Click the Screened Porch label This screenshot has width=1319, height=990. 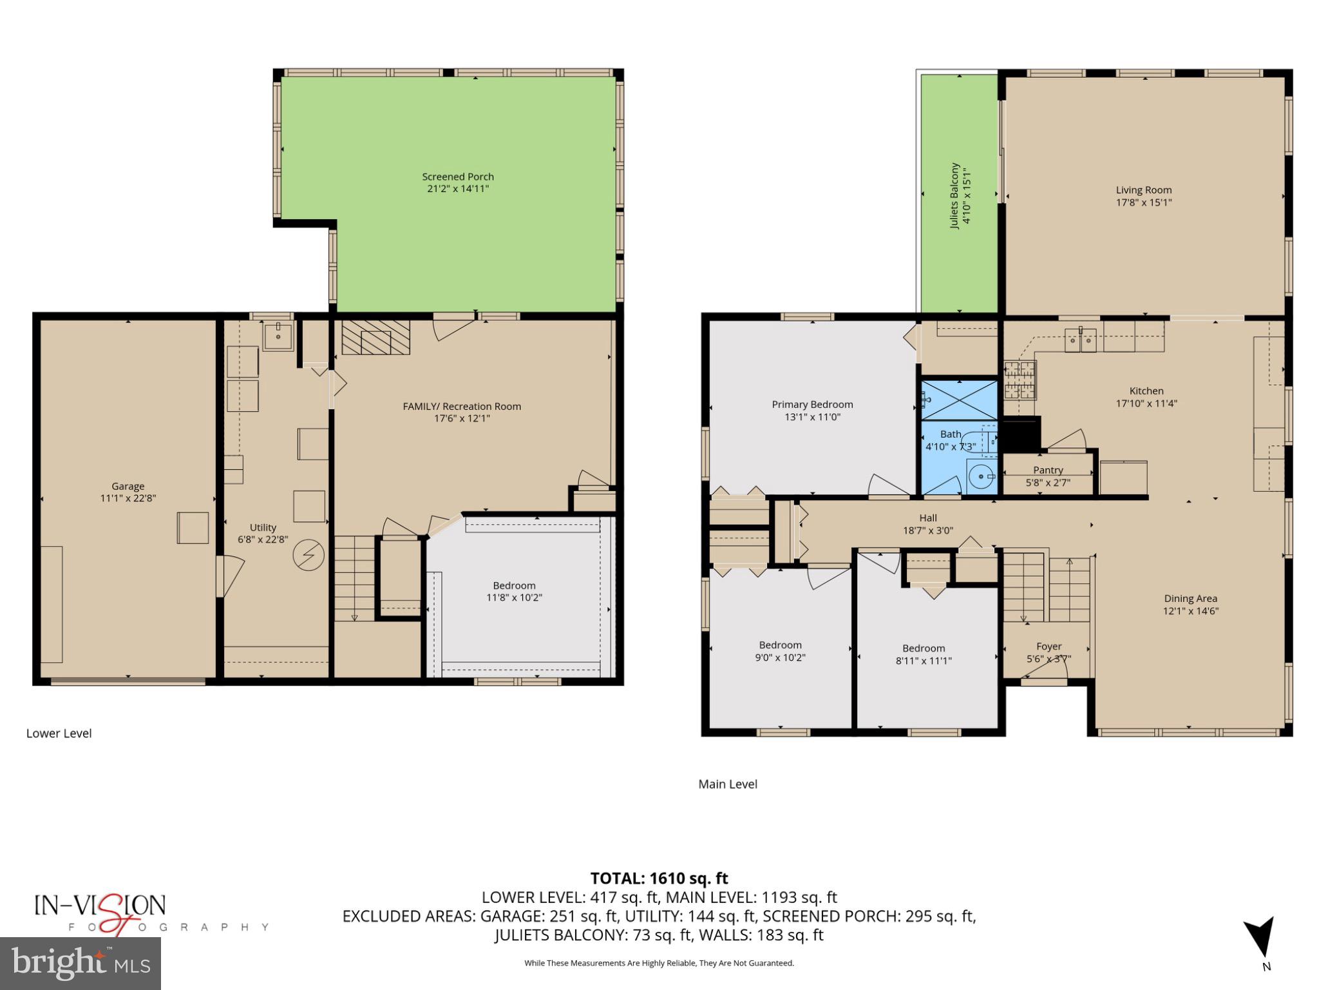[457, 177]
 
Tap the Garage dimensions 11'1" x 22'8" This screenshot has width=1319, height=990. [128, 498]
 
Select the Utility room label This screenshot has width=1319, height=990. [263, 527]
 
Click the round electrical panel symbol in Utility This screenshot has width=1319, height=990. [308, 555]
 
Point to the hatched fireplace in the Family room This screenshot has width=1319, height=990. [375, 337]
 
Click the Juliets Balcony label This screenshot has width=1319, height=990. [954, 195]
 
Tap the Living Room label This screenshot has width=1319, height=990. [1143, 190]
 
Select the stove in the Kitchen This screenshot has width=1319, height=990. [1020, 380]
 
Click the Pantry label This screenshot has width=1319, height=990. [1048, 471]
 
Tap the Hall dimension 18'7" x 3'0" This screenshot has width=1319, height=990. [927, 530]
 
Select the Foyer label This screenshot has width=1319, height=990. [1049, 646]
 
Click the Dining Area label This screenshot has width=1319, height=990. [1190, 599]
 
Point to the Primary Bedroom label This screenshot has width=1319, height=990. [812, 405]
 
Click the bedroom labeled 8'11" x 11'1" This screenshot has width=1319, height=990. [924, 654]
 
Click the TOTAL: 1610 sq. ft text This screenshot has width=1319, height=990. [659, 878]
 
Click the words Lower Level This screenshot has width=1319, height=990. [59, 733]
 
